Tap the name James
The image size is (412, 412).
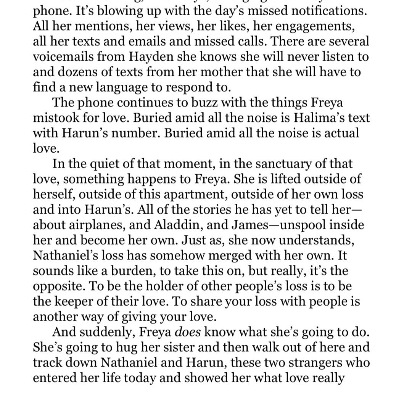pos(254,225)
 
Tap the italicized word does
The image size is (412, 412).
pos(188,332)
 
